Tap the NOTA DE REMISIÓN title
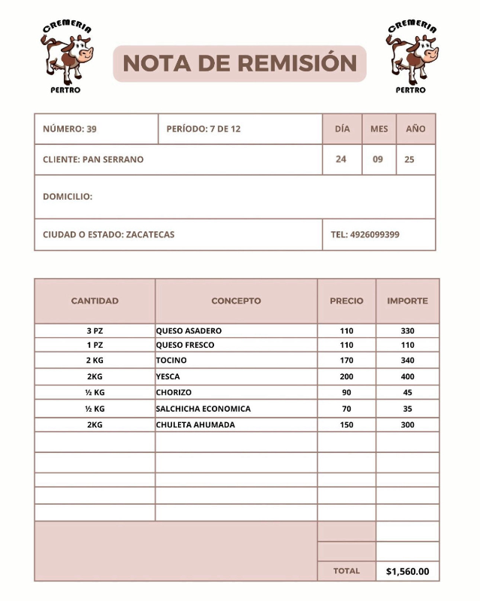pyautogui.click(x=239, y=63)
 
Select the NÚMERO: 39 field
pyautogui.click(x=70, y=129)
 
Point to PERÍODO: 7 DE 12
pyautogui.click(x=204, y=129)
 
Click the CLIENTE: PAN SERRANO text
pyautogui.click(x=93, y=159)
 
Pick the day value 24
pyautogui.click(x=341, y=159)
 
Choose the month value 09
pyautogui.click(x=379, y=159)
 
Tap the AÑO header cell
pyautogui.click(x=415, y=129)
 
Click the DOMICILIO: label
pyautogui.click(x=68, y=197)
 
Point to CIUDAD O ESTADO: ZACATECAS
pyautogui.click(x=109, y=234)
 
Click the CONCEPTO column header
pyautogui.click(x=236, y=300)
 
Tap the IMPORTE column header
pyautogui.click(x=407, y=300)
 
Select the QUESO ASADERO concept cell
pyautogui.click(x=189, y=331)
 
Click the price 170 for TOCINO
pyautogui.click(x=346, y=361)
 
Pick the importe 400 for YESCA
pyautogui.click(x=407, y=376)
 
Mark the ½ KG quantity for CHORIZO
pyautogui.click(x=95, y=392)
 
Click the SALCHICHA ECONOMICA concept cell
pyautogui.click(x=204, y=409)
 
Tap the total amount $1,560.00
pyautogui.click(x=407, y=571)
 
